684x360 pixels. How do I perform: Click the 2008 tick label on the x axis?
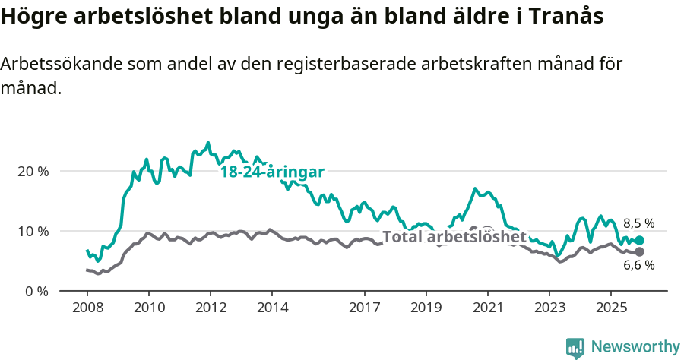coord(87,308)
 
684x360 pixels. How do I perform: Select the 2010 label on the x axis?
coord(149,308)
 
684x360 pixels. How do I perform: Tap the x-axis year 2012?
coord(211,308)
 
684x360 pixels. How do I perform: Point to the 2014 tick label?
coord(272,308)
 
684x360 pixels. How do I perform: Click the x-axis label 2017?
coord(365,308)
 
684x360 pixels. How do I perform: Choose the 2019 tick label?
coord(426,308)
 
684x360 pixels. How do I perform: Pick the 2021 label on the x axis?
coord(488,308)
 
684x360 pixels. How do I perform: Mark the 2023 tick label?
coord(549,308)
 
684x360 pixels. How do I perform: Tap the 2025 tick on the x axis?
coord(611,308)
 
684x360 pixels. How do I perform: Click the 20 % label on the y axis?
coord(33,171)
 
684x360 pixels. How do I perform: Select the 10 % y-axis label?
coord(33,231)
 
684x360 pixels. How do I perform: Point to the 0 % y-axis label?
coord(36,291)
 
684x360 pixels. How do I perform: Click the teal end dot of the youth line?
coord(639,240)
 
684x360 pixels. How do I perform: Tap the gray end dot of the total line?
coord(639,251)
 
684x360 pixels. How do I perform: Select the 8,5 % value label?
coord(638,223)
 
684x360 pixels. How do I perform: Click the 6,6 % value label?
coord(638,265)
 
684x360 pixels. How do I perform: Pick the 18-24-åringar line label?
coord(272,172)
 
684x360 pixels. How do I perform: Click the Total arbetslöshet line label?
coord(454,237)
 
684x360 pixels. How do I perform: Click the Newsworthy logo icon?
coord(575,347)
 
